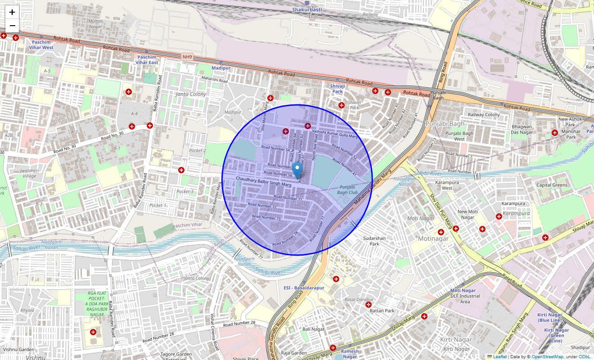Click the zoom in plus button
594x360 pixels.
tap(12, 12)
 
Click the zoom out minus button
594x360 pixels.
tap(12, 26)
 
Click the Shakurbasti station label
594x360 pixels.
tap(307, 9)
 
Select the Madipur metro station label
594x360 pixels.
tap(220, 68)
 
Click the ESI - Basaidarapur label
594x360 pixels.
tap(304, 288)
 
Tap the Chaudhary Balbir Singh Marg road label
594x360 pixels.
tap(264, 181)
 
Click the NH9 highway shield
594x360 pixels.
tap(187, 57)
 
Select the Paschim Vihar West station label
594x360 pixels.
tap(41, 45)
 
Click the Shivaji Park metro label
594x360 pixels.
tap(337, 88)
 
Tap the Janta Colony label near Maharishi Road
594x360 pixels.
tap(191, 94)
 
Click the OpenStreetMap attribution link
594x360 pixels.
tap(547, 357)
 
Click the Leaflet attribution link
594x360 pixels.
tap(499, 357)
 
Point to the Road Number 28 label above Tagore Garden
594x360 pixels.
tap(239, 323)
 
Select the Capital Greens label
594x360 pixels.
tap(552, 185)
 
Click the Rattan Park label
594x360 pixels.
tap(382, 310)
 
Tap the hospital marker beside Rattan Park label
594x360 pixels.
tap(369, 305)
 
